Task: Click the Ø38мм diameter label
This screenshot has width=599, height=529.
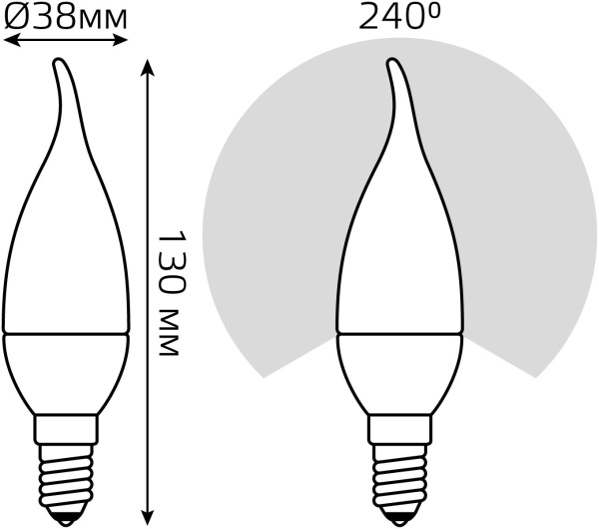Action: pos(65,17)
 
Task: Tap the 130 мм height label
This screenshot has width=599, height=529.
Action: pos(173,293)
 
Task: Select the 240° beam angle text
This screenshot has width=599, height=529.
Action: pos(399,16)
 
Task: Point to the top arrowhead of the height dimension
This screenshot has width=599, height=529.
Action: pos(147,67)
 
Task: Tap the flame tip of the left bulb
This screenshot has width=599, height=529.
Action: pos(59,61)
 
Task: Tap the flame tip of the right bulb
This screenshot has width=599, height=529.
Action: pos(392,61)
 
